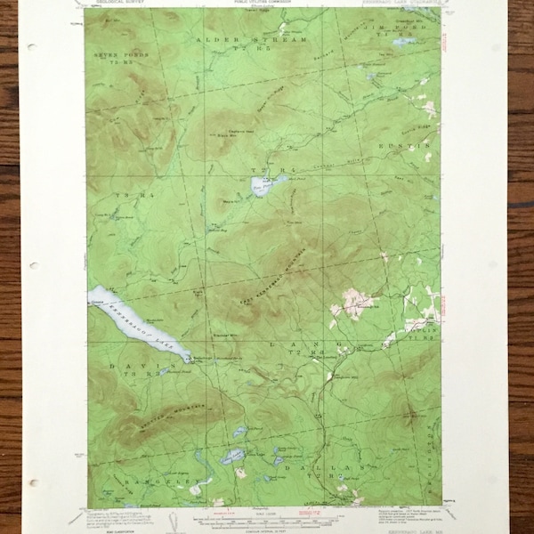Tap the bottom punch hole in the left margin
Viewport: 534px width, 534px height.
[35, 483]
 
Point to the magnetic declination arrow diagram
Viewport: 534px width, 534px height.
[188, 515]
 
